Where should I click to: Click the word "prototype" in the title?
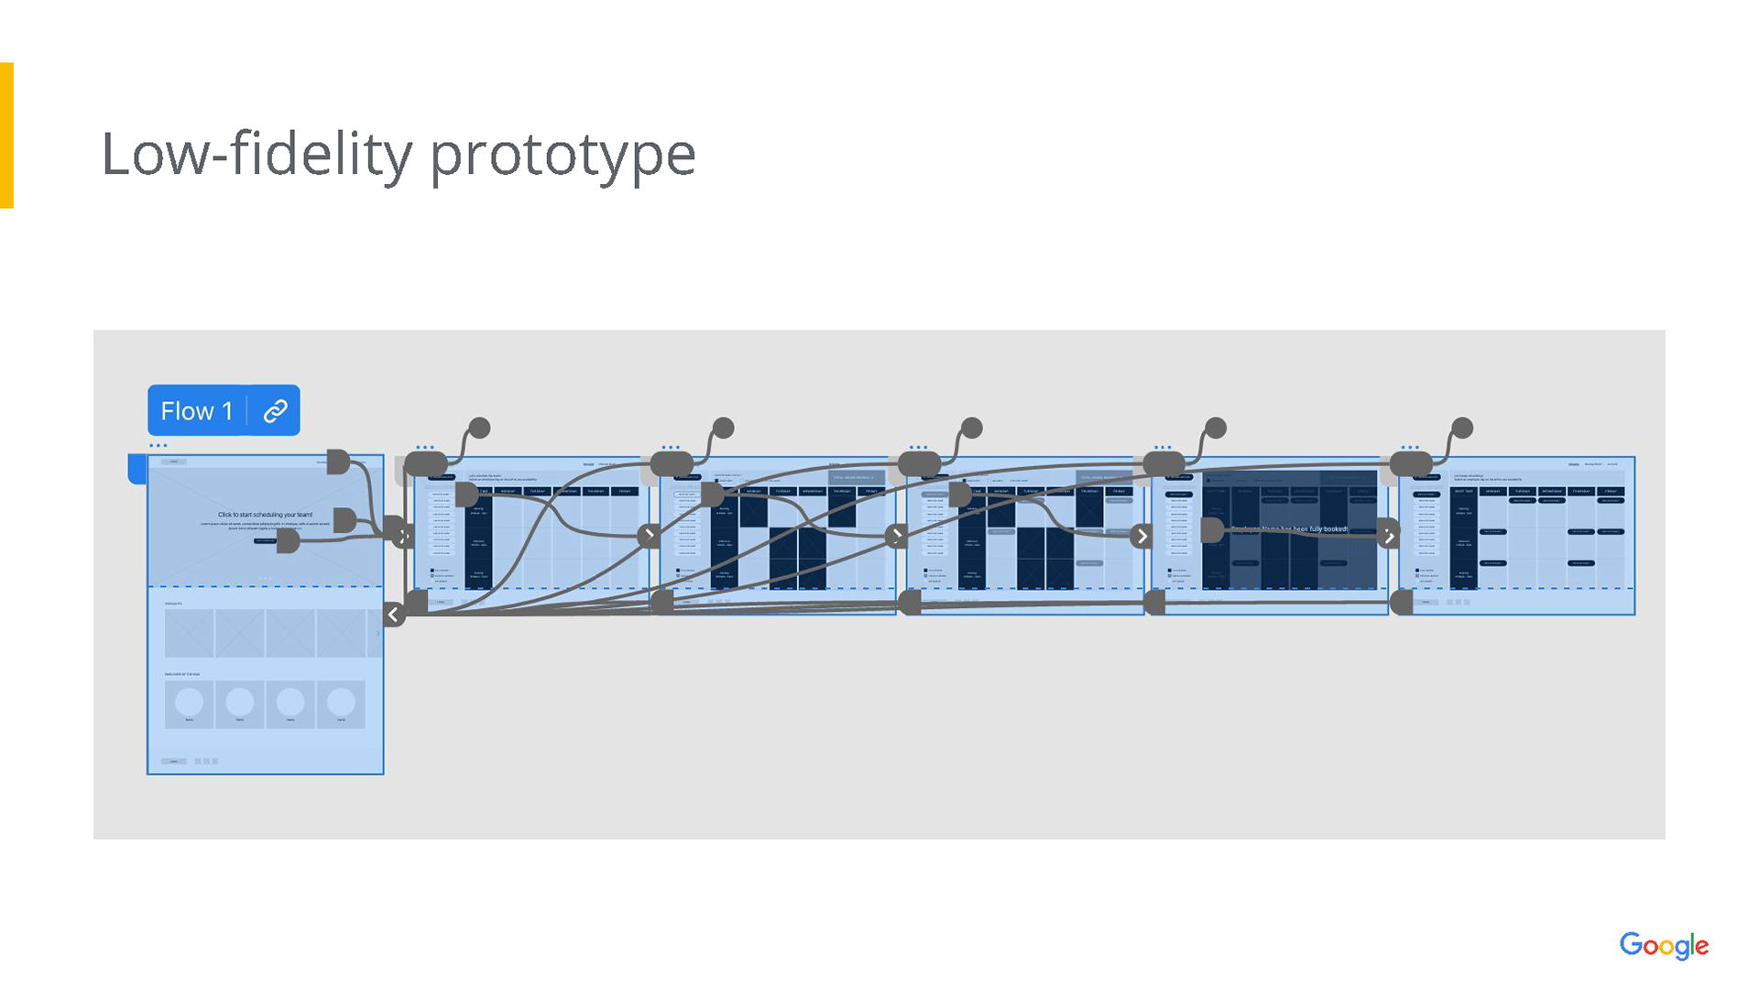click(x=563, y=154)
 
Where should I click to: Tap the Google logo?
click(x=1663, y=945)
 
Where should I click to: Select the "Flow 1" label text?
click(x=196, y=411)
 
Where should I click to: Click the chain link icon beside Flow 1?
click(x=275, y=411)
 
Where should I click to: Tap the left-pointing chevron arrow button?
click(x=394, y=615)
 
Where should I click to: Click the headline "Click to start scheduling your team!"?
click(x=265, y=515)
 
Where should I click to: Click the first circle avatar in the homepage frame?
click(x=189, y=702)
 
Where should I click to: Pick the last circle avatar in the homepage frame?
click(x=341, y=702)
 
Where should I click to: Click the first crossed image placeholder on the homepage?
click(x=189, y=633)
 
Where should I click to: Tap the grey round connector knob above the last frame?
click(x=1462, y=428)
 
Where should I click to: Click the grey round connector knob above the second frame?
click(x=479, y=428)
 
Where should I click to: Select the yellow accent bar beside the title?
click(x=6, y=135)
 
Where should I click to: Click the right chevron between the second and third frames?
click(x=650, y=535)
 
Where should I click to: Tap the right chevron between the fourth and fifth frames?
click(x=1142, y=536)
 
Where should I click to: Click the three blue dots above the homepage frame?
click(x=158, y=446)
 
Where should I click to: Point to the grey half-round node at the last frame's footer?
click(x=1402, y=602)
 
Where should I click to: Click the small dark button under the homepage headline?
click(x=265, y=541)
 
